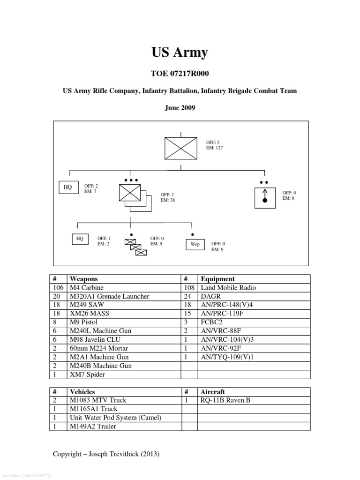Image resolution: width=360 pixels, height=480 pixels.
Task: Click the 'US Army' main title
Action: tap(180, 52)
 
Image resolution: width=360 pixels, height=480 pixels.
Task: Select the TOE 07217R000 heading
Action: tap(180, 74)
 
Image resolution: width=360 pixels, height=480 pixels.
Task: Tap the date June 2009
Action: tap(180, 108)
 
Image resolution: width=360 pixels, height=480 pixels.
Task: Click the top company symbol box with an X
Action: tap(180, 148)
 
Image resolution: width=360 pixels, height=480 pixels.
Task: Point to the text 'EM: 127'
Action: tap(214, 148)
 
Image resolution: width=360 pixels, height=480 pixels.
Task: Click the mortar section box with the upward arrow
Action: tap(265, 197)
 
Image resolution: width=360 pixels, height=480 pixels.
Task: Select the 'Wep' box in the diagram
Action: tap(195, 244)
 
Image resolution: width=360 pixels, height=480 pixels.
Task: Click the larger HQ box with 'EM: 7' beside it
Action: tap(68, 187)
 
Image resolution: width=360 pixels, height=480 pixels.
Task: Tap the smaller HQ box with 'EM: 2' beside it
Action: tap(80, 239)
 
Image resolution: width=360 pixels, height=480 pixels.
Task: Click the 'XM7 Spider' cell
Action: tap(88, 374)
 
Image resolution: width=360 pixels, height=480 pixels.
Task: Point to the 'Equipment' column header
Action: tap(217, 279)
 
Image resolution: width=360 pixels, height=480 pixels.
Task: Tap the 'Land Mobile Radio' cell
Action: tap(228, 288)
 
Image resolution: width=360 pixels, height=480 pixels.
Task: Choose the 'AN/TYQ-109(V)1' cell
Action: tap(226, 357)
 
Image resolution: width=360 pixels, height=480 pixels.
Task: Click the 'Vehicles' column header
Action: tap(82, 392)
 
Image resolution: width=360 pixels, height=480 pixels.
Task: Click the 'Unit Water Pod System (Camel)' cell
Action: tap(115, 418)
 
